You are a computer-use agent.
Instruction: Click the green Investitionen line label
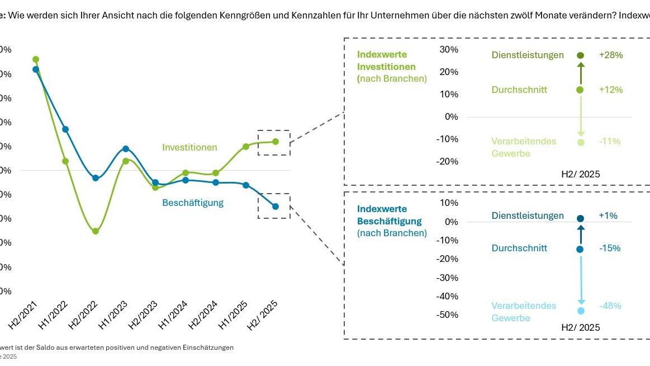[189, 147]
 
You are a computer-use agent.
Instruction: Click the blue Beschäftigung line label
[193, 203]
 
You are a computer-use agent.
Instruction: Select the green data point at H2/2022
[95, 231]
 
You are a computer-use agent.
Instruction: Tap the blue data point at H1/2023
[126, 149]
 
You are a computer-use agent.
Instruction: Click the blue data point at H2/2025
[276, 207]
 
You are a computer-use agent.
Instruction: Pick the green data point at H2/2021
[36, 59]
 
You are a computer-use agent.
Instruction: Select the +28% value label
[610, 55]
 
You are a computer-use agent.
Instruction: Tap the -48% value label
[610, 306]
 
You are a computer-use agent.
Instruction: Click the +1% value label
[608, 215]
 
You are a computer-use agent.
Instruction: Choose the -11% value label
[610, 142]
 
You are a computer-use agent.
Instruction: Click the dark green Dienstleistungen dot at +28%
[580, 55]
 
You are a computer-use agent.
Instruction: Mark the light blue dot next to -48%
[581, 311]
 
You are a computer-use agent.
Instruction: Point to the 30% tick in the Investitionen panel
[449, 49]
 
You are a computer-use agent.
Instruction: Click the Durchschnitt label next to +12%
[519, 90]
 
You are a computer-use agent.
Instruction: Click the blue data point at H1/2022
[65, 129]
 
